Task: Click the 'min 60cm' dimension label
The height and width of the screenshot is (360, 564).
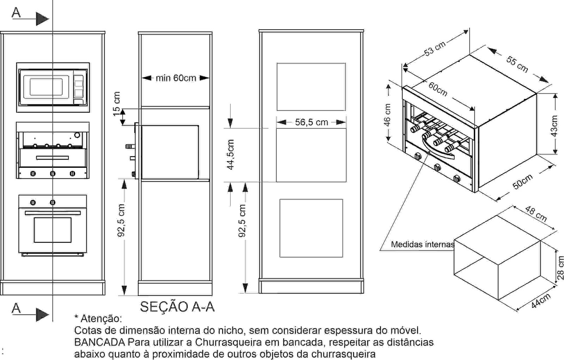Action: click(176, 78)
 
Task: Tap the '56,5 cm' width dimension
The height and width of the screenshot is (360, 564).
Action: click(311, 122)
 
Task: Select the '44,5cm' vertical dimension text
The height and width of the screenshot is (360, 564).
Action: click(231, 154)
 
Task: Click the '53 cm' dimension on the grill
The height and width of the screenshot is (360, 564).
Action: click(435, 49)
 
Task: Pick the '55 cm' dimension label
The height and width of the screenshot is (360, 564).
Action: click(517, 65)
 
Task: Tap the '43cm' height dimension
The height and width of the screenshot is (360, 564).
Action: click(554, 126)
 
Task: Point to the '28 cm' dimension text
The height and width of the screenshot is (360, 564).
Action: click(560, 268)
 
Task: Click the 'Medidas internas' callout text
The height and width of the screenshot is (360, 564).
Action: click(422, 244)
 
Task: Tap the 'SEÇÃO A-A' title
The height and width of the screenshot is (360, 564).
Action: click(177, 306)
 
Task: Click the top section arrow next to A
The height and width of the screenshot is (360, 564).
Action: click(42, 19)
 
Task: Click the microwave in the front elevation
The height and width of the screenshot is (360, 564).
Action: click(53, 87)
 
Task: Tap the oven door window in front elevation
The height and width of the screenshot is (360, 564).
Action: click(53, 230)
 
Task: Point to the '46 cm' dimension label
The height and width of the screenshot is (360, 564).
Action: click(387, 115)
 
